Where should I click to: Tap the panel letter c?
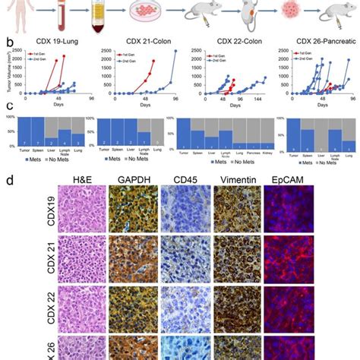8,109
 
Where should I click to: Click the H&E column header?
81,181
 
